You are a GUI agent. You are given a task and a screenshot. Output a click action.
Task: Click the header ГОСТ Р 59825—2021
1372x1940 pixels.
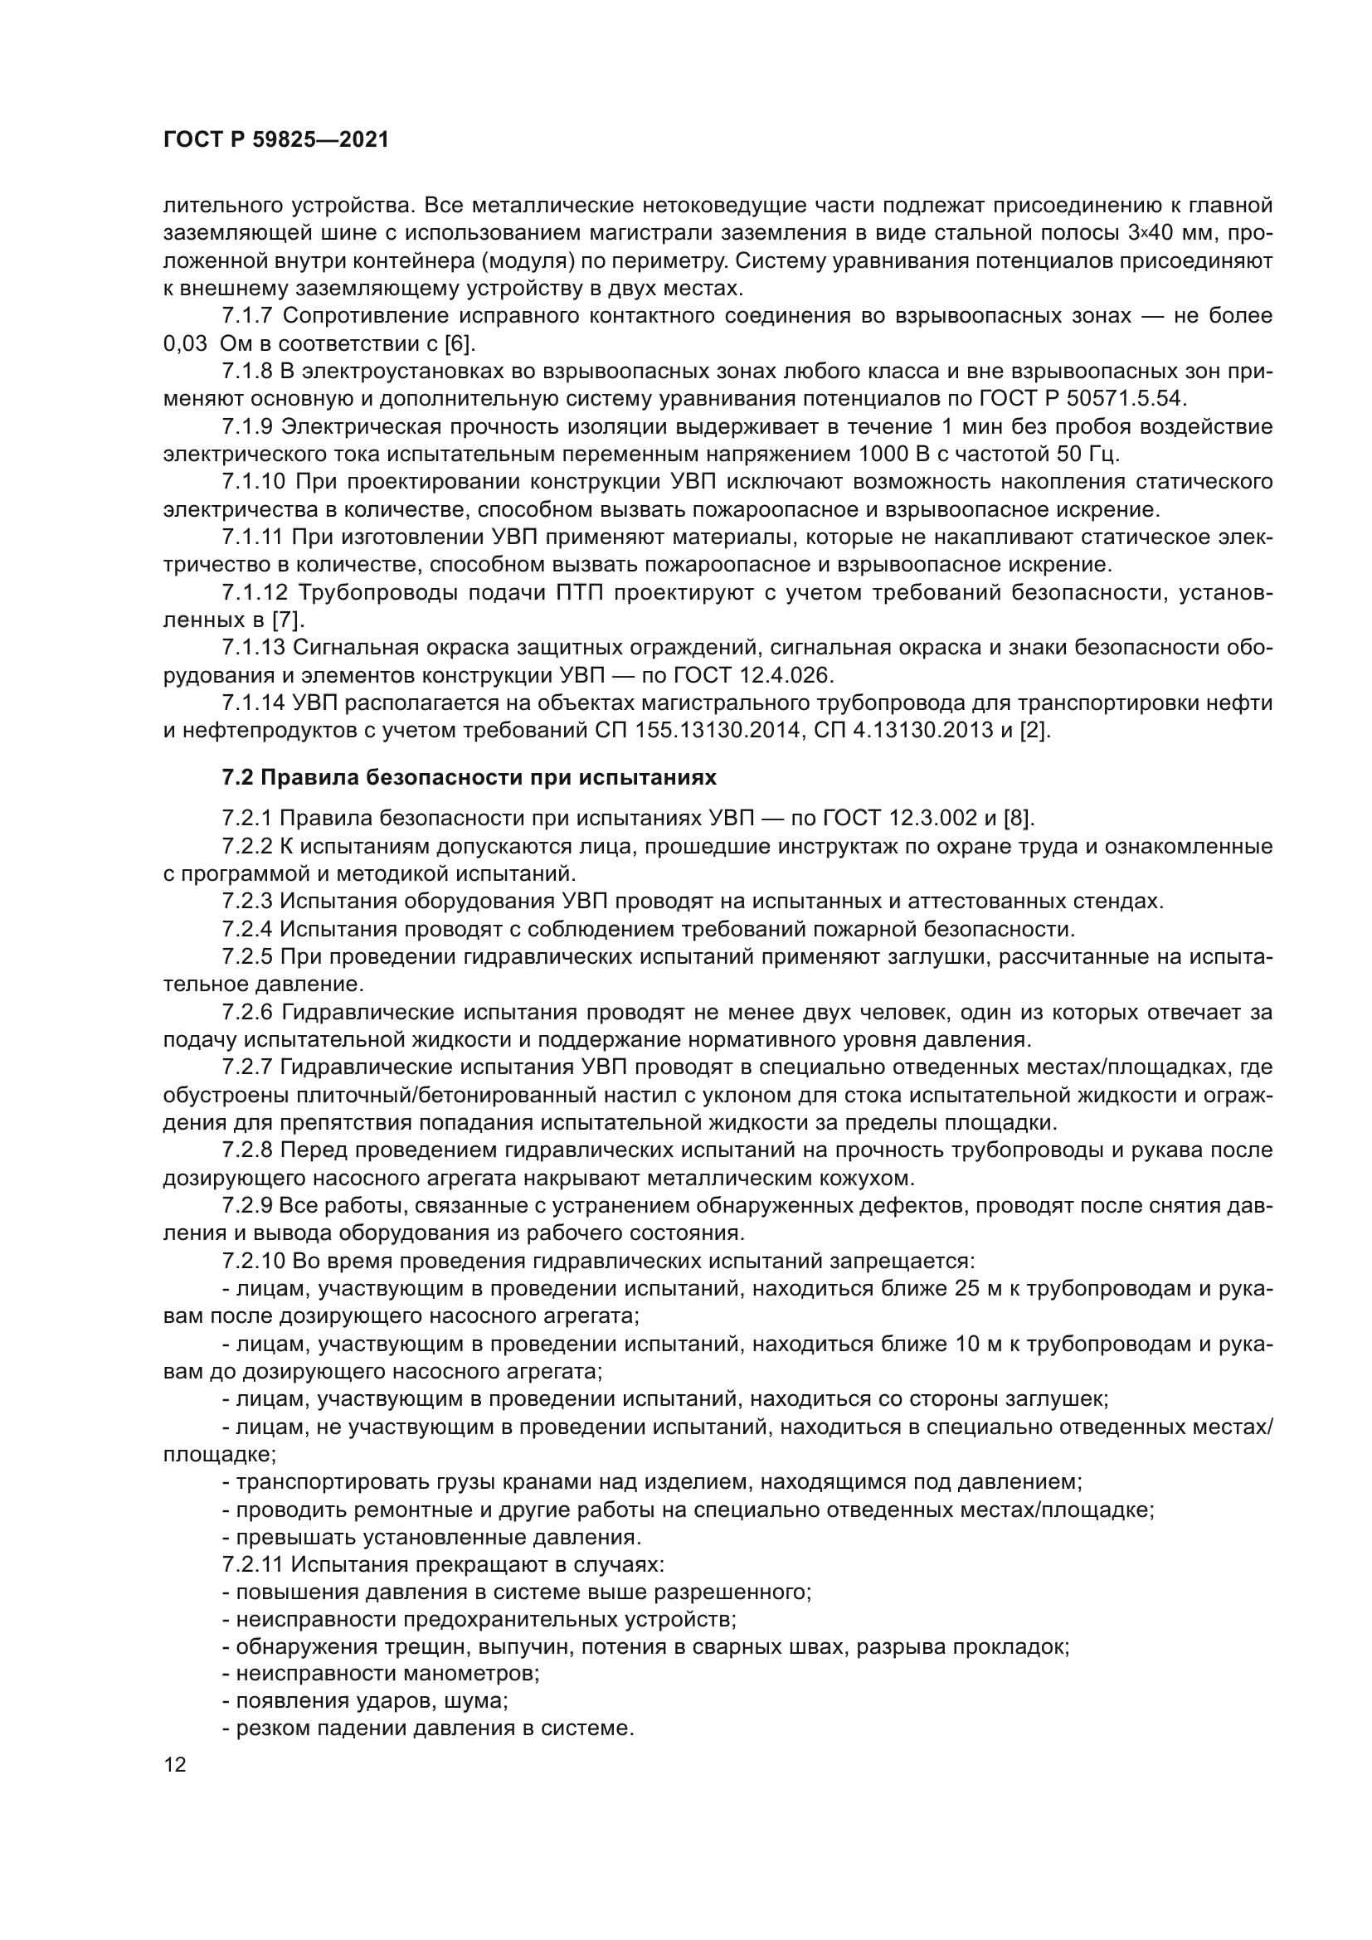coord(276,140)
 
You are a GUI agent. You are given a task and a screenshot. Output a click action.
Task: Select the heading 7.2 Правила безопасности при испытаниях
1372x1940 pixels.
coord(469,776)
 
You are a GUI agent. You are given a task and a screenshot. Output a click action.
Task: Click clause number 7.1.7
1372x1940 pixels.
coord(248,316)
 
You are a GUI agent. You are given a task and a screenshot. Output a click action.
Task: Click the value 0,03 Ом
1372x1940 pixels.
coord(208,344)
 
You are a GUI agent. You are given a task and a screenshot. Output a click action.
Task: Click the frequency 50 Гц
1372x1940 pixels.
coord(1087,455)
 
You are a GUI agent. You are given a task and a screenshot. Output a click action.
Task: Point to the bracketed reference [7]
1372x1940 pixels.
coord(286,620)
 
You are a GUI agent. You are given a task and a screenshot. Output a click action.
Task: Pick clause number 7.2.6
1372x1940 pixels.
coord(248,1011)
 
